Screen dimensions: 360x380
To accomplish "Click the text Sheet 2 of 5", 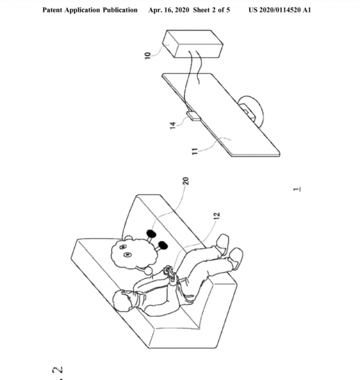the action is pyautogui.click(x=213, y=11).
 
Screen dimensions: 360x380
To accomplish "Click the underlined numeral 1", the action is pyautogui.click(x=297, y=192).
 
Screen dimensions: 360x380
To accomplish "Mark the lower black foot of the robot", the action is pyautogui.click(x=164, y=245).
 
